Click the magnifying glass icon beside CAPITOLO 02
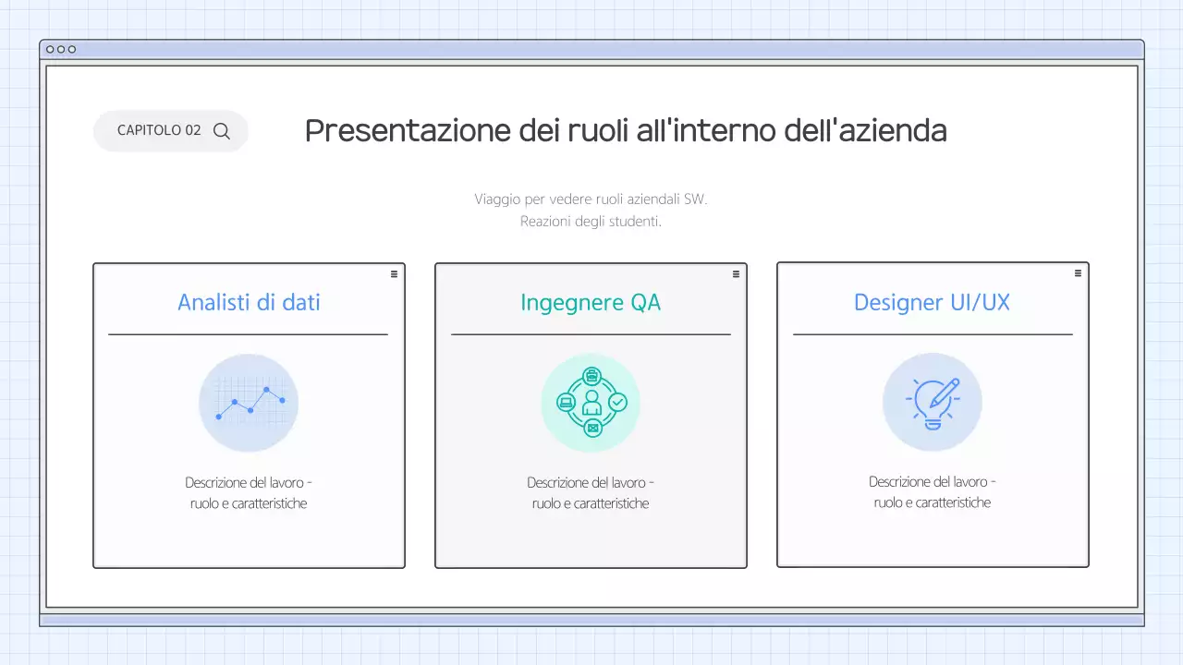tap(222, 131)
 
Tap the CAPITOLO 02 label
tap(159, 131)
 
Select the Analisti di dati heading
tap(249, 302)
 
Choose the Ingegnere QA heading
tap(591, 302)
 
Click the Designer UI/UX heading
tap(933, 302)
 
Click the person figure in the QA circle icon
tap(591, 403)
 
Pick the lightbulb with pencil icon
tap(933, 403)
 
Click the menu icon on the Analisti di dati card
tap(394, 273)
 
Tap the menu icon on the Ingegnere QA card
tap(736, 273)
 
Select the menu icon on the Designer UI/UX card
tap(1078, 273)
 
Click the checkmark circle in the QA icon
tap(617, 402)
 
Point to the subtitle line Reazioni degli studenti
tap(591, 222)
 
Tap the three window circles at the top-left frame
tap(61, 49)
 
